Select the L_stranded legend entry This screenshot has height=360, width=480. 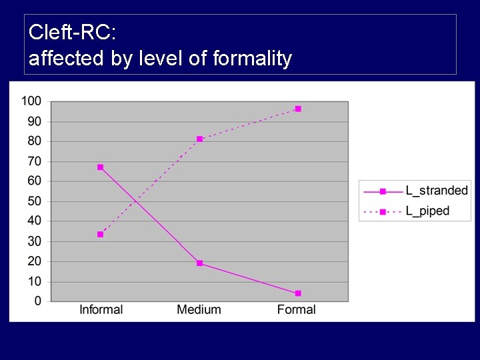click(x=437, y=191)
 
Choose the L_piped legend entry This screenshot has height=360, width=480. click(x=427, y=211)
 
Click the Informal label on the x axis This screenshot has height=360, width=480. click(x=101, y=309)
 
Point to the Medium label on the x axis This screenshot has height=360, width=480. click(x=199, y=309)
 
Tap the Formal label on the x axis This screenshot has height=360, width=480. click(x=297, y=309)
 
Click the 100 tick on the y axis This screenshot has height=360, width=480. click(x=31, y=101)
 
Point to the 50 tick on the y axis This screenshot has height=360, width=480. click(x=34, y=201)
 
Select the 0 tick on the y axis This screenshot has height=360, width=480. click(x=37, y=301)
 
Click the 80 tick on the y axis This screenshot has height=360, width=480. click(x=34, y=141)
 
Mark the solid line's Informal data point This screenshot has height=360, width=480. click(x=100, y=167)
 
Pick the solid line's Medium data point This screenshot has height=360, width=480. click(x=199, y=263)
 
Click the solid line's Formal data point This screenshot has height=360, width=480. click(x=298, y=293)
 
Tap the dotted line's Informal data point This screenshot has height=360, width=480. click(x=100, y=235)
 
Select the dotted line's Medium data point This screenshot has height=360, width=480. click(x=199, y=139)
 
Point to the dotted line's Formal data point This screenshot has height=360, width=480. click(x=298, y=109)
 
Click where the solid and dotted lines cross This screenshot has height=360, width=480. click(x=135, y=201)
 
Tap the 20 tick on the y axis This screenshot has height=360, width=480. click(x=34, y=261)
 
